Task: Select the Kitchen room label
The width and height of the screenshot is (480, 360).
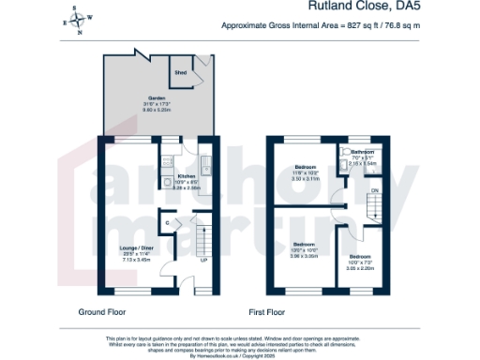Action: tap(186, 175)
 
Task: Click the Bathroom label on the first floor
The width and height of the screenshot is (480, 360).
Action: tap(363, 152)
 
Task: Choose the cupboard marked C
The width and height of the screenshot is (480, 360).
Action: tap(167, 223)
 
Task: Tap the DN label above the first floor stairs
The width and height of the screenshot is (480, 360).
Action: tap(374, 190)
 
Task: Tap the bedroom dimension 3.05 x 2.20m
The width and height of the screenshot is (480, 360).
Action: tap(360, 268)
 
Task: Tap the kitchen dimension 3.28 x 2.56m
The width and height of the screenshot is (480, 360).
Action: tap(186, 187)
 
